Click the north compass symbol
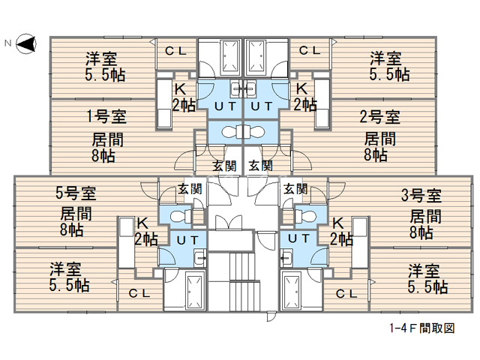pos(26,43)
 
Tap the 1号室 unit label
pos(106,116)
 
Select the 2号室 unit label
pos(379,116)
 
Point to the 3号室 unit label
pos(421,195)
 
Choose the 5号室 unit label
pos(76,193)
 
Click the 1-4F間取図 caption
pos(422,328)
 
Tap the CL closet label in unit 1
pos(175,51)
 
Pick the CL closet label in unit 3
pos(346,294)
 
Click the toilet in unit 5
pos(181,217)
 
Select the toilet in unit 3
pos(305,217)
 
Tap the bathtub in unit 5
pos(195,292)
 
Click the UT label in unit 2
pos(262,106)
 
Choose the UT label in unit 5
pos(187,241)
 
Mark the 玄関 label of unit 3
pos(295,189)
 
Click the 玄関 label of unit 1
pos(224,166)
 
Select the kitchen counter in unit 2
pos(322,103)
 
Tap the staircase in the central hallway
pos(241,282)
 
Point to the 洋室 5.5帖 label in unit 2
pos(389,67)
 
